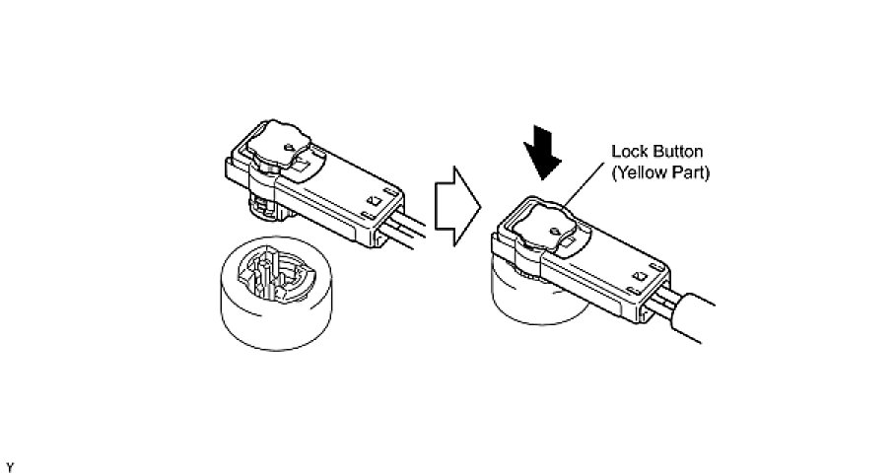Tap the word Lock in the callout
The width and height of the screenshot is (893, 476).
629,153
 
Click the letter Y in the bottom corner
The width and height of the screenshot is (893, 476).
10,465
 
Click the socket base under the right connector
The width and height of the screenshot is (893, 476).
532,301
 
